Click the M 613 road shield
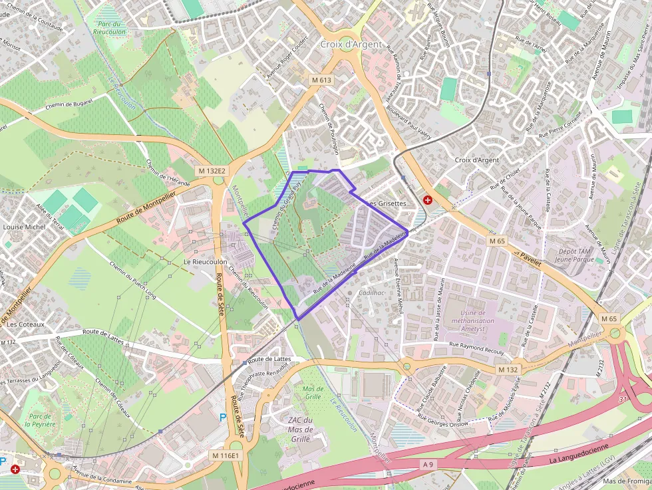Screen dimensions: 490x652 click(x=321, y=80)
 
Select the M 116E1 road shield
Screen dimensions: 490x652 click(x=226, y=455)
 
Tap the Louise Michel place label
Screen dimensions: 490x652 click(x=24, y=227)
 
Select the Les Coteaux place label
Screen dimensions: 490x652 click(x=25, y=324)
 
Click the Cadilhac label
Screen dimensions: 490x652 click(x=372, y=293)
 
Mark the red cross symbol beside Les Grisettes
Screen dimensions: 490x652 click(x=427, y=199)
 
